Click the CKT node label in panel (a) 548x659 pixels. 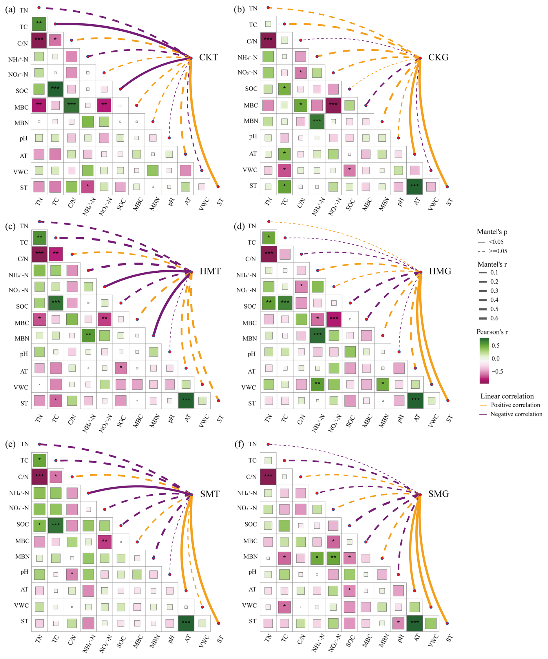pos(208,57)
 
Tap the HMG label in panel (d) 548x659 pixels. pos(440,271)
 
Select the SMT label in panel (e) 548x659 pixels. pos(210,494)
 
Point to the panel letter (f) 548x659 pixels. pos(239,444)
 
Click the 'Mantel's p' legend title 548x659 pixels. pos(492,232)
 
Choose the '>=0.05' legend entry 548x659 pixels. pos(498,251)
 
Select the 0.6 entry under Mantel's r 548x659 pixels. pos(494,318)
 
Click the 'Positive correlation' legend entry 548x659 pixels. pos(515,405)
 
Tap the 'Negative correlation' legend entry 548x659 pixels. pos(516,414)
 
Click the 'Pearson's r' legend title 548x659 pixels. pos(492,332)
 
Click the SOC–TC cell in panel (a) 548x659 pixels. pos(55,89)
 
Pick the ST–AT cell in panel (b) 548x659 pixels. pos(415,187)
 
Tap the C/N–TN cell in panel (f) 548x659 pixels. pos(268,477)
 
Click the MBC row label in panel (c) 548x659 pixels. pos(22,323)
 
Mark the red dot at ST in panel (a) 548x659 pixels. pos(218,187)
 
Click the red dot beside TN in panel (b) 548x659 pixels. pos(268,8)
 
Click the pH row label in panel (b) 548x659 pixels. pos(253,136)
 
